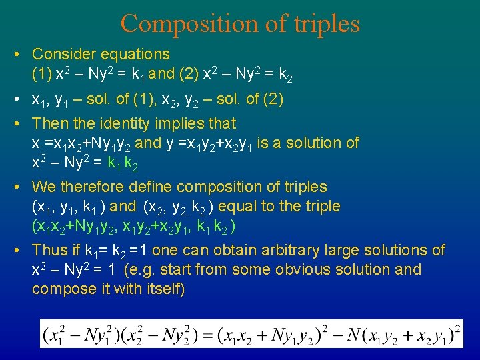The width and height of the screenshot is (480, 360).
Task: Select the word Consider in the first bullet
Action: click(63, 54)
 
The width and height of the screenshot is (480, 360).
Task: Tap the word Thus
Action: click(48, 250)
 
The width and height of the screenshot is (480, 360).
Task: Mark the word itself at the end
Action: click(163, 289)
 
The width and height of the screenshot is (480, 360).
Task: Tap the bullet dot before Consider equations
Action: click(22, 54)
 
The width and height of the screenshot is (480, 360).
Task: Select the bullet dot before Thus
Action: click(22, 250)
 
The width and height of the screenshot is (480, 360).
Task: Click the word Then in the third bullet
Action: click(50, 123)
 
